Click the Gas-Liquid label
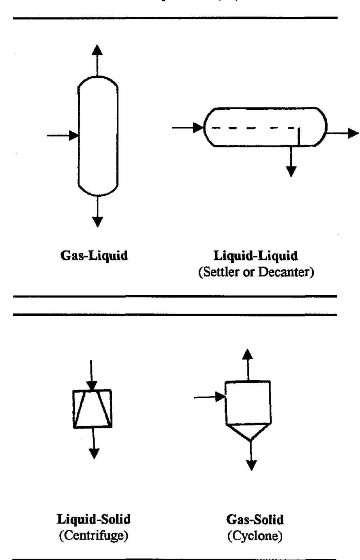(x=94, y=256)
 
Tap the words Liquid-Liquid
(x=256, y=256)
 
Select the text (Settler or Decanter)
(x=256, y=272)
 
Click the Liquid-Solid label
(x=94, y=519)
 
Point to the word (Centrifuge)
(x=94, y=536)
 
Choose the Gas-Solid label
(x=255, y=519)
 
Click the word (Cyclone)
(x=255, y=536)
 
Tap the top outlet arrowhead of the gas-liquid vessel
(x=97, y=50)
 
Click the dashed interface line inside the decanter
(x=252, y=128)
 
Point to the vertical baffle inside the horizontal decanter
(x=299, y=137)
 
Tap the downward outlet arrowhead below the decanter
(x=291, y=171)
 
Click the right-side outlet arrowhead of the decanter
(x=353, y=133)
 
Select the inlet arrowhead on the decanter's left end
(x=198, y=127)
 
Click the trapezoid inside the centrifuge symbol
(x=92, y=410)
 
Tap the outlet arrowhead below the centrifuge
(x=94, y=453)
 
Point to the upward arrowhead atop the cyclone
(x=247, y=355)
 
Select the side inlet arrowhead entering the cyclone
(x=220, y=397)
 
